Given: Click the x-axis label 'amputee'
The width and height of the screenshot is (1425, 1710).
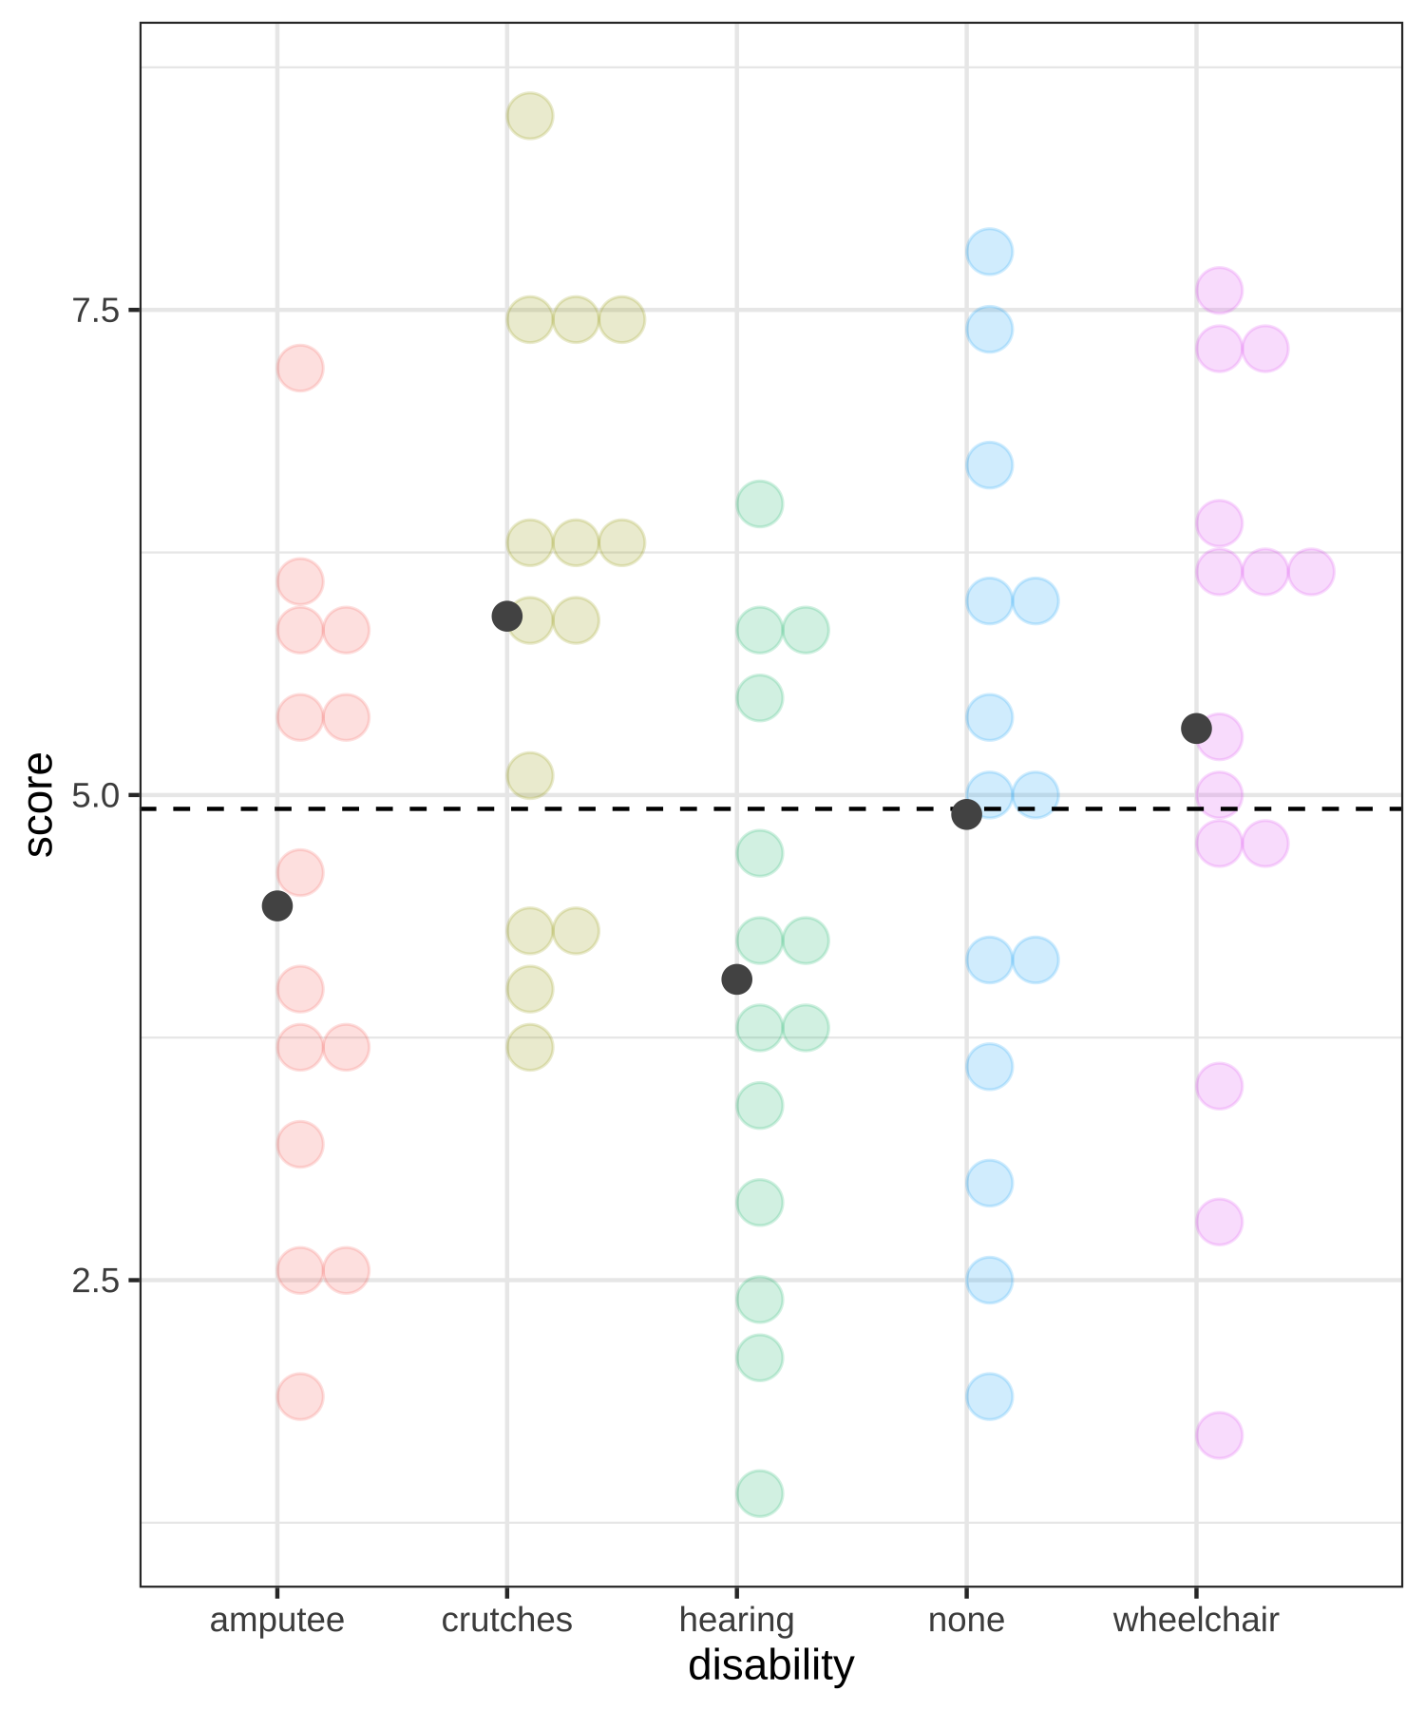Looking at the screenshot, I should (276, 1620).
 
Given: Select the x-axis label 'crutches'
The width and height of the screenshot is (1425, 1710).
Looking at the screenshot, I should (506, 1620).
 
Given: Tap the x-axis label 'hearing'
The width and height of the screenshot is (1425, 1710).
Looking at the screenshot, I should (736, 1620).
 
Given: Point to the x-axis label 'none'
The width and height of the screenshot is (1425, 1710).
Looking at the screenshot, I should (966, 1620).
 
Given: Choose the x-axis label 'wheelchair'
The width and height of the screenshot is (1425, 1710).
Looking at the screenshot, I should (1196, 1620).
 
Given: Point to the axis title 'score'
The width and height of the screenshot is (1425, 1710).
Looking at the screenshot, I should (40, 805).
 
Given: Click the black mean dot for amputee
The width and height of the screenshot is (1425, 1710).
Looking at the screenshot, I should (276, 905).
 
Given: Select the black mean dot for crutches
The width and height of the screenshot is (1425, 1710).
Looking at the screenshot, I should (506, 616).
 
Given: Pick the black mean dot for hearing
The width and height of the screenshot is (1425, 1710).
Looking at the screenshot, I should (736, 978).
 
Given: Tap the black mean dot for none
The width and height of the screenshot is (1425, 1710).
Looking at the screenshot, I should (966, 814).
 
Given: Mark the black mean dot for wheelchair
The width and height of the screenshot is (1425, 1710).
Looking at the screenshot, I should (1196, 729).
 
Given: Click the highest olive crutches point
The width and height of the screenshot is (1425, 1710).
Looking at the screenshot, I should (530, 116).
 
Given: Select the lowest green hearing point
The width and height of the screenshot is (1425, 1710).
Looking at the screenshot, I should (759, 1493).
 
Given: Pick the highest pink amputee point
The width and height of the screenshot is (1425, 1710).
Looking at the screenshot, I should (300, 368).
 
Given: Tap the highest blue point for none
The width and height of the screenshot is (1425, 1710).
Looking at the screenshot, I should (989, 252).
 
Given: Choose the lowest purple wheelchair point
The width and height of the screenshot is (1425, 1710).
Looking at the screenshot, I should (1219, 1434).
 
